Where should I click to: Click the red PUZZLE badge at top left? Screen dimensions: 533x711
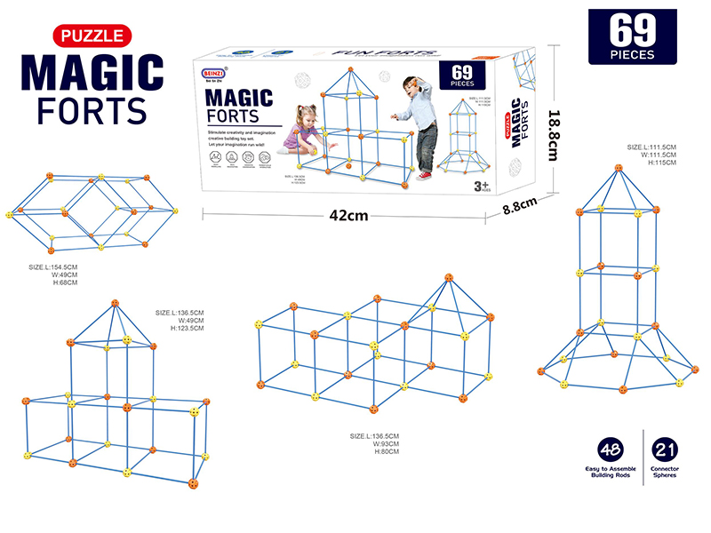pyautogui.click(x=92, y=36)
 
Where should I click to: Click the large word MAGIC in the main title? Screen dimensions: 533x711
pyautogui.click(x=92, y=72)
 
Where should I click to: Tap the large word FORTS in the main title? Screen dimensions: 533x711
pyautogui.click(x=91, y=110)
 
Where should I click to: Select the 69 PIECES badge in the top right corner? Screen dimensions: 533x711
pyautogui.click(x=633, y=36)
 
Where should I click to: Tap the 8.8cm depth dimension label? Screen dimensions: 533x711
pyautogui.click(x=521, y=207)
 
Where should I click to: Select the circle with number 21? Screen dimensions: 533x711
pyautogui.click(x=664, y=449)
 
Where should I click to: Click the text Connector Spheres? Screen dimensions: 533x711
pyautogui.click(x=664, y=472)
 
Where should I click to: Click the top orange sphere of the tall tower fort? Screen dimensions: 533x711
pyautogui.click(x=618, y=167)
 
